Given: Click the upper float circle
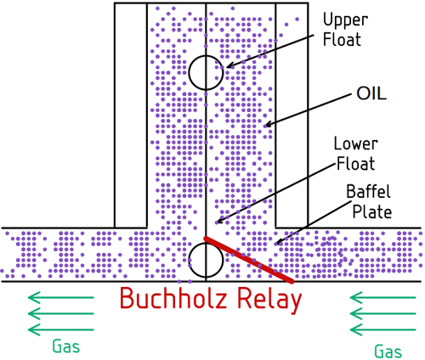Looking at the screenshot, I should [206, 72].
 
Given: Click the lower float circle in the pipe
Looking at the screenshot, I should [206, 262].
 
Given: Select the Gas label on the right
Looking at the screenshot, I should [388, 349].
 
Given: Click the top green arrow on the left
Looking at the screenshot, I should [59, 297].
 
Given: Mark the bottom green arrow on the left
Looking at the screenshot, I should [59, 329].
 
